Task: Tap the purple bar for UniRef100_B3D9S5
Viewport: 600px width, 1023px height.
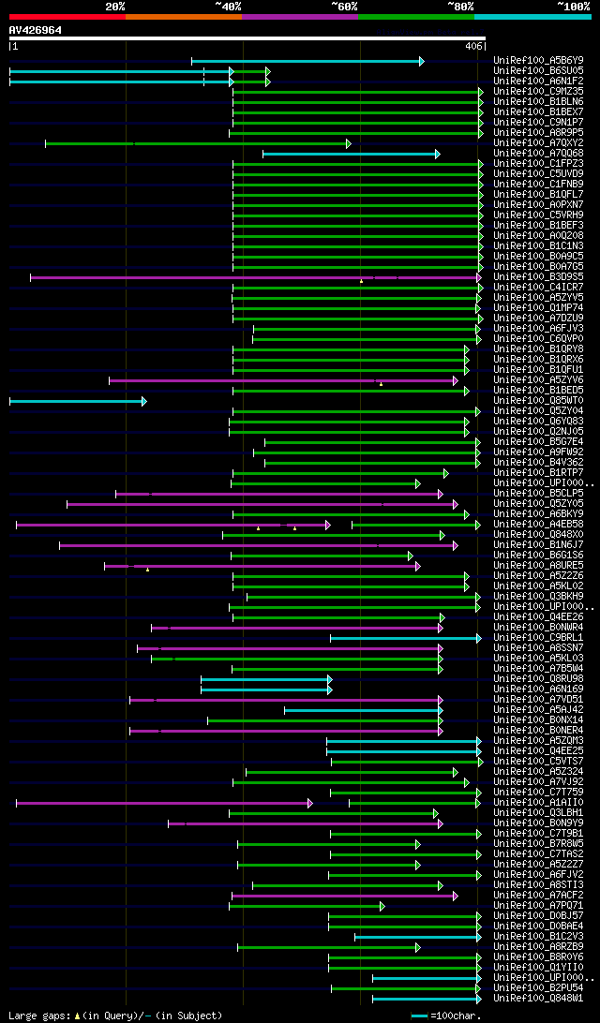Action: point(253,277)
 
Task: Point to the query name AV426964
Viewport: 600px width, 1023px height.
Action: point(36,30)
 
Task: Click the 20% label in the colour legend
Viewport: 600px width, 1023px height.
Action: point(115,7)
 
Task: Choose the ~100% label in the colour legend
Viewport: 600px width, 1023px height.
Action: point(573,7)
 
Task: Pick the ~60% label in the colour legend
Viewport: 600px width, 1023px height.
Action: point(344,7)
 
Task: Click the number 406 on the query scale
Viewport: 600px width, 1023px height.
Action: point(473,46)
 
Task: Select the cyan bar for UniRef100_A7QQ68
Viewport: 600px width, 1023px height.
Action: point(350,154)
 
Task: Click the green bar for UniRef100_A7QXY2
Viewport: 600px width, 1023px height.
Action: point(197,143)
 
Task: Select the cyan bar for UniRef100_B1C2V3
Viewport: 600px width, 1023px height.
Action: point(416,937)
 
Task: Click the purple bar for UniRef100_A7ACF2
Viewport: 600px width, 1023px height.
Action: point(343,896)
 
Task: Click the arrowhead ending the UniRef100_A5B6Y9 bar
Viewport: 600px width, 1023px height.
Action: point(422,61)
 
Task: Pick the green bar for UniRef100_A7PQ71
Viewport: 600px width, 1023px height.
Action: point(306,906)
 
